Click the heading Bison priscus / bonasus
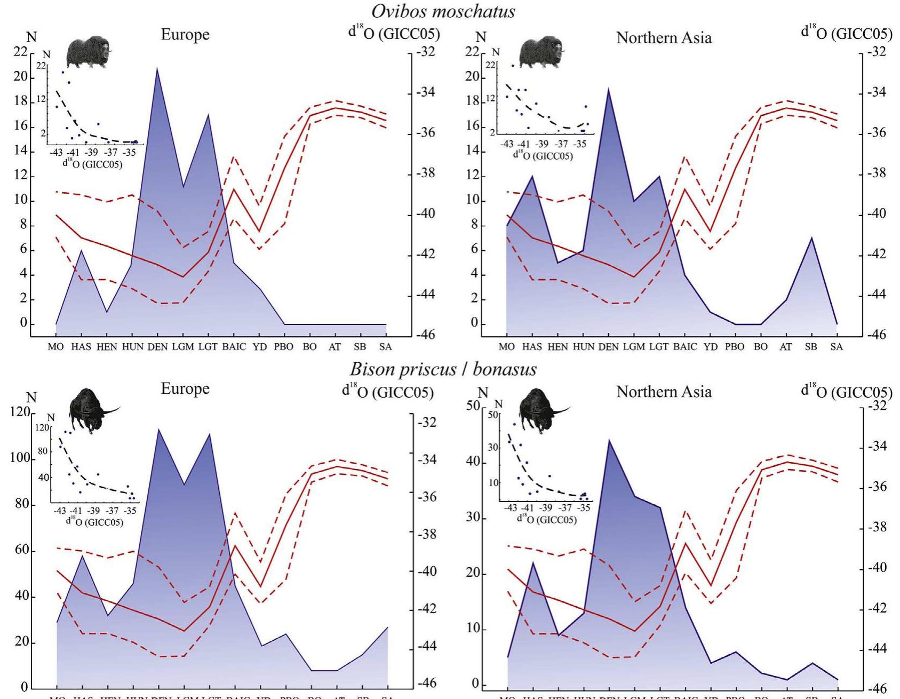tap(443, 369)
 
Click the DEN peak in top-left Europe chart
tap(157, 68)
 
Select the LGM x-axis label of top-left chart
tap(183, 347)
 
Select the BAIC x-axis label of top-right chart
tap(684, 347)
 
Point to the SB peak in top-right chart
tap(811, 237)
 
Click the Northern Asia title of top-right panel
tap(664, 38)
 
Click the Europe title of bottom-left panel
tap(185, 388)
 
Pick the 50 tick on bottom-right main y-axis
tap(473, 406)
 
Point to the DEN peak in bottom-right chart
tap(608, 440)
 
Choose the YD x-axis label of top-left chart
tap(259, 347)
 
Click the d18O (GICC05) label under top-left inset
tap(92, 164)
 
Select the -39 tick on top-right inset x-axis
tap(542, 144)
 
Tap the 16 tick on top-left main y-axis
tap(20, 126)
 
